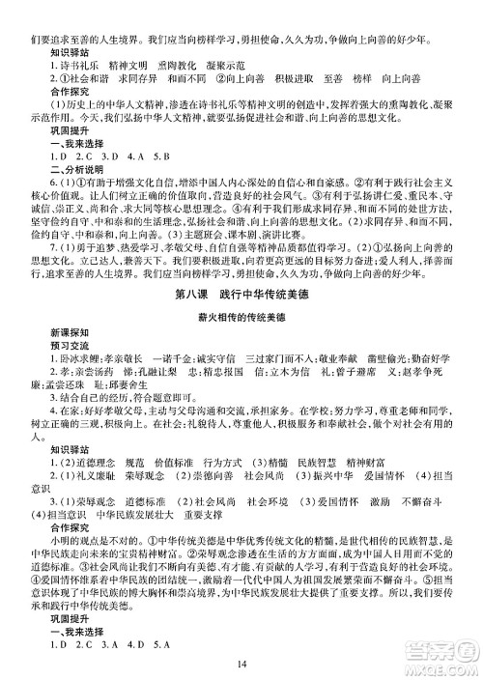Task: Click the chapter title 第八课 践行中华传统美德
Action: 241,294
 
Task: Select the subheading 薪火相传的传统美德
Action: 241,318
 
